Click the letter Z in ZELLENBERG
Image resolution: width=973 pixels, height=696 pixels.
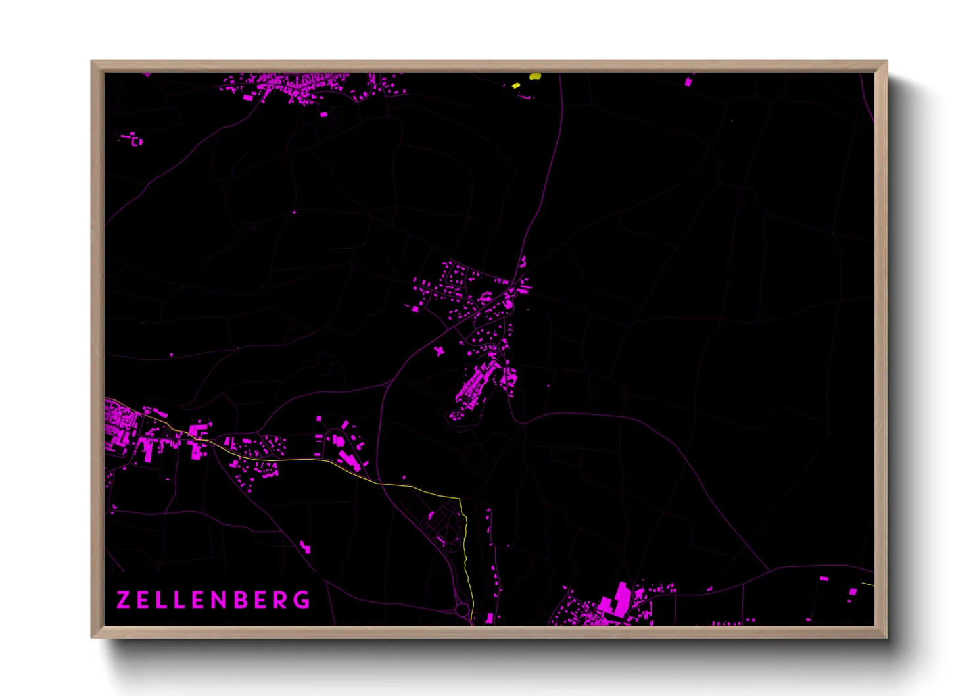pyautogui.click(x=123, y=600)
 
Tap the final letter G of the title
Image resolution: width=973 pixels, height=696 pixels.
pyautogui.click(x=302, y=600)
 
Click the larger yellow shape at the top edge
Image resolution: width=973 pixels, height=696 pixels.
pyautogui.click(x=535, y=76)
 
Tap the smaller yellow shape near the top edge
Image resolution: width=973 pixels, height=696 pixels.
pyautogui.click(x=516, y=86)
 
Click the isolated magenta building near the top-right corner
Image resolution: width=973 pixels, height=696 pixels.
pyautogui.click(x=689, y=82)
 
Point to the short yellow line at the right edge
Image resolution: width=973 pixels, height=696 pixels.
pyautogui.click(x=868, y=583)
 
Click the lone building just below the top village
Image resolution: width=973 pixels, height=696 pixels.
pyautogui.click(x=323, y=114)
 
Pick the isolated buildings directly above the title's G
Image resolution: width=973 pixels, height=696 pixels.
pyautogui.click(x=305, y=546)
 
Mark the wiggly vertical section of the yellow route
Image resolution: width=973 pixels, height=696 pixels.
pyautogui.click(x=465, y=539)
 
